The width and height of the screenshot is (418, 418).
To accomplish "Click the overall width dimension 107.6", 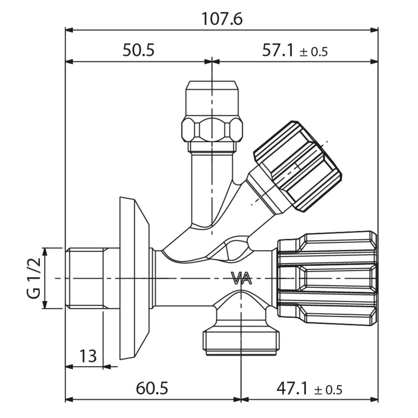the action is click(x=222, y=19).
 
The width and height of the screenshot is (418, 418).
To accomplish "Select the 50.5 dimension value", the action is click(x=138, y=50).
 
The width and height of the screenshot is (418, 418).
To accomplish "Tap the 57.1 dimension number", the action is click(x=278, y=50).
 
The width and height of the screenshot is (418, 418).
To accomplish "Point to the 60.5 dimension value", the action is click(x=152, y=388).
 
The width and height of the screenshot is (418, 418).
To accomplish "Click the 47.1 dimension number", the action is click(x=293, y=388).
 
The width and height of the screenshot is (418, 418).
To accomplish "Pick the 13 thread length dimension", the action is click(x=88, y=356).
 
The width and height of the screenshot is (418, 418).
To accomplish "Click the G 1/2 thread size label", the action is click(x=34, y=278).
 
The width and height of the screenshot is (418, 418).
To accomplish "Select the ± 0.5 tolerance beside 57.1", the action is click(x=313, y=52).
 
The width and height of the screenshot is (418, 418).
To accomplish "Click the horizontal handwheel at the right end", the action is click(x=327, y=278).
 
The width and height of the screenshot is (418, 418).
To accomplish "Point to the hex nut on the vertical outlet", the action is click(x=212, y=130).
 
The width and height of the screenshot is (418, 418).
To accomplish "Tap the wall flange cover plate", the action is click(x=134, y=278).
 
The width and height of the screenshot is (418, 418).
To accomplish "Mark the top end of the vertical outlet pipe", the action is click(x=212, y=82).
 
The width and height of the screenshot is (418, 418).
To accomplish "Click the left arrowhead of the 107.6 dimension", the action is click(x=69, y=30).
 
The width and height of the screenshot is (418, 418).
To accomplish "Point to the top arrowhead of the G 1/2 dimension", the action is click(x=45, y=252).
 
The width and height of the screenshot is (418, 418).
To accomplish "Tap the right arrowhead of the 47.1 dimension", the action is click(x=374, y=400).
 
